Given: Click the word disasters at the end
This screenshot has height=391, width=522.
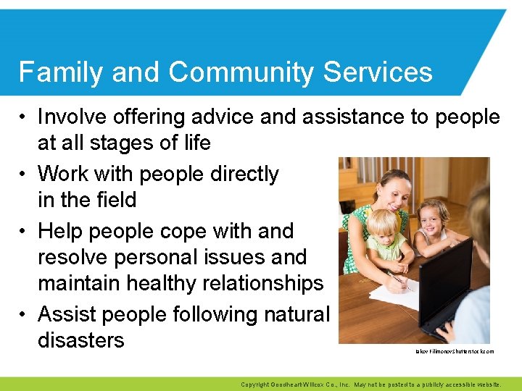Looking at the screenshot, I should [x=81, y=340].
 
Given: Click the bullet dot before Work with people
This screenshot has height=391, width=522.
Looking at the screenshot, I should [x=24, y=175].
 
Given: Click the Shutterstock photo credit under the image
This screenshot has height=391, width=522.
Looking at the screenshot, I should [x=454, y=351].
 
